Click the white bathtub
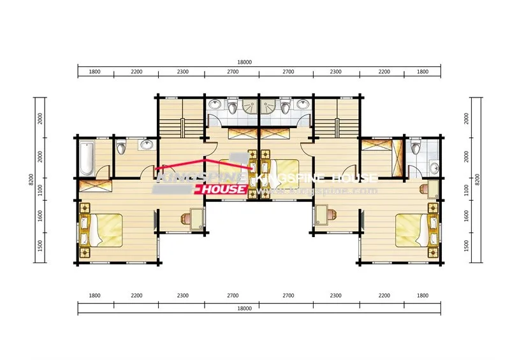(86, 158)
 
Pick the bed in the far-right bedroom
(413, 229)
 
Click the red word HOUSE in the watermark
(223, 190)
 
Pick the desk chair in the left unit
(186, 219)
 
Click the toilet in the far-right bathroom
(416, 148)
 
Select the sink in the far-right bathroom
(434, 168)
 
